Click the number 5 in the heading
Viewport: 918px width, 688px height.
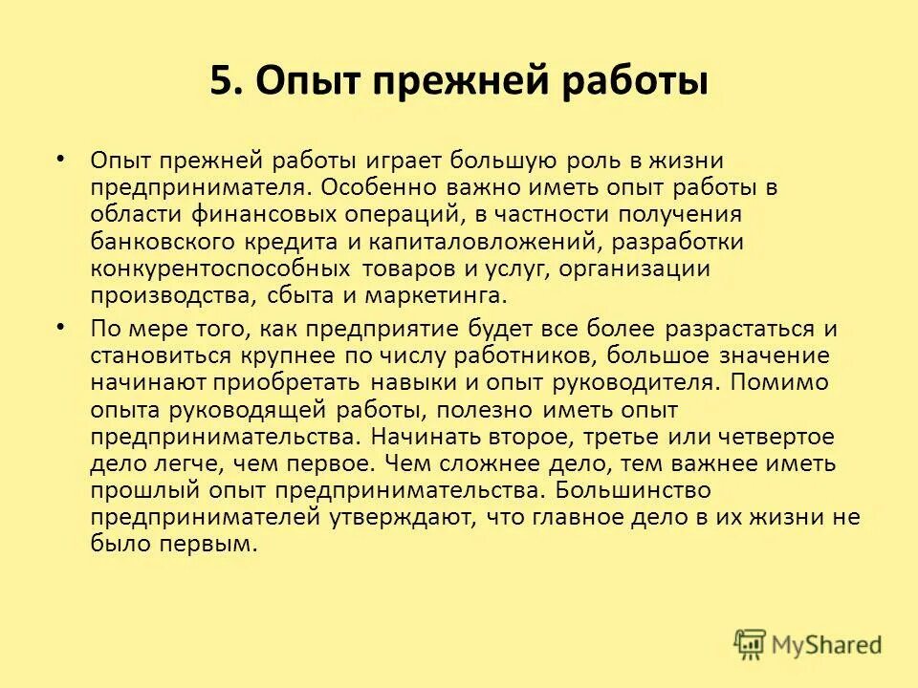221,81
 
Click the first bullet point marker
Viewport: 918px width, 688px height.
62,156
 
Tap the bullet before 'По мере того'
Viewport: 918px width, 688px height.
62,326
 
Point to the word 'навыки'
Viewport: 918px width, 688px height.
416,382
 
